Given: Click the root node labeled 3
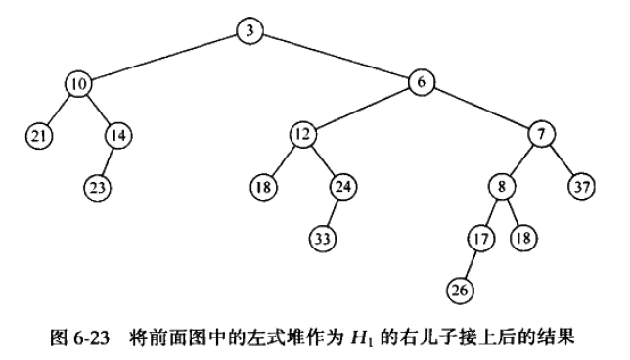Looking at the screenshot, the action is pos(249,31).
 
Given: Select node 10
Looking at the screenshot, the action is pos(78,84).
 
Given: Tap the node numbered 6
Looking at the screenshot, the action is pos(422,82).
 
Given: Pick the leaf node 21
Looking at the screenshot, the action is pos(39,136).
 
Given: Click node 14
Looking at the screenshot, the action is pos(118,136).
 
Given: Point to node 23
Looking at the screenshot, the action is pos(98,187).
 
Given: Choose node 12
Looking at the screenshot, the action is pos(302,134).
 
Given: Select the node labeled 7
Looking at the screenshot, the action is pos(542,134).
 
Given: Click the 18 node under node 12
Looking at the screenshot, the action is pos(263,187).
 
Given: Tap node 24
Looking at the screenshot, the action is pos(343,187).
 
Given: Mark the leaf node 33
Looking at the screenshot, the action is pos(323,239).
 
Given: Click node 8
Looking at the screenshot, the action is pos(502,187).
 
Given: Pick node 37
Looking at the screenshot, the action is pos(582,187).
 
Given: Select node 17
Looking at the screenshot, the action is pos(481,239).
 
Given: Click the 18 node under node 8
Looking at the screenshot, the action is pos(523,238).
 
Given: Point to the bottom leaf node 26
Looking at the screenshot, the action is pos(460,291).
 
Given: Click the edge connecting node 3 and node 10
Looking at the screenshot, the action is pos(164,58).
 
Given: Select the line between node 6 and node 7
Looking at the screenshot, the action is pos(481,108).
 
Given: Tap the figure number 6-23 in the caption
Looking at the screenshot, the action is pos(92,338).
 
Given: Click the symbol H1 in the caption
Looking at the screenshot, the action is pos(360,338).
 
